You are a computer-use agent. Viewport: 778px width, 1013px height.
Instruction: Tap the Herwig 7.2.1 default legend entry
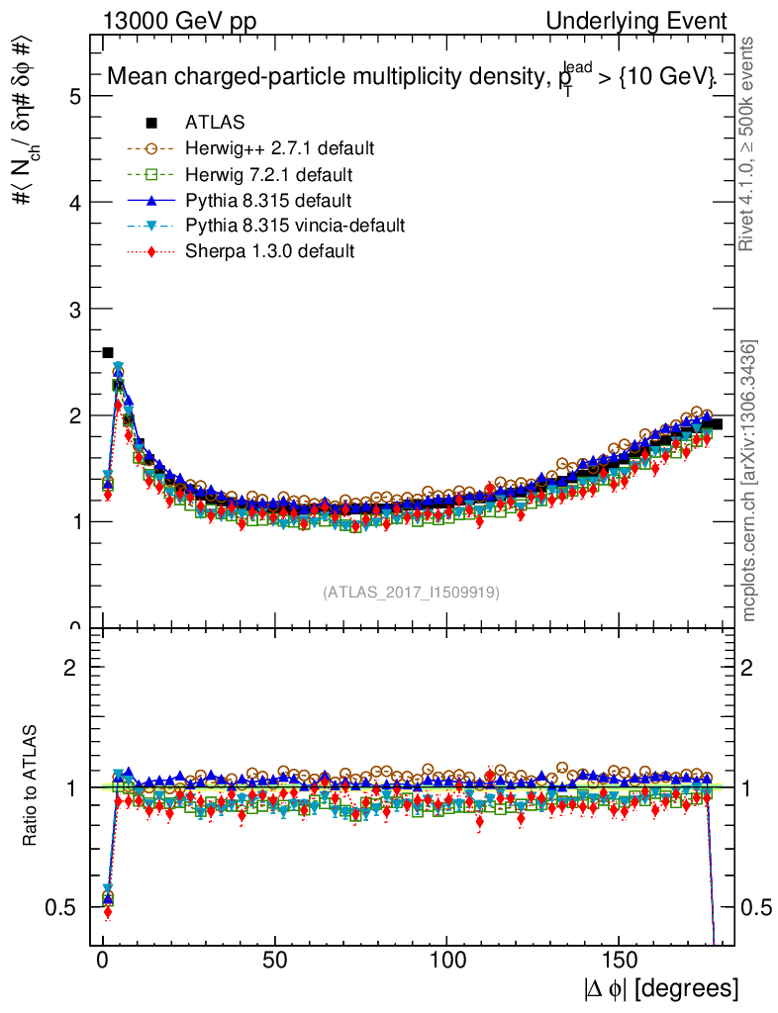coord(269,174)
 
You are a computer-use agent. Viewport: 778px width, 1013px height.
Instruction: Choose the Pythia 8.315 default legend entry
coord(268,200)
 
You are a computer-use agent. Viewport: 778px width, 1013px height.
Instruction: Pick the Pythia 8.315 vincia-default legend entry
coord(295,226)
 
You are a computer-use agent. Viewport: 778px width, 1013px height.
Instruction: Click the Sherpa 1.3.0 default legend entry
coord(269,251)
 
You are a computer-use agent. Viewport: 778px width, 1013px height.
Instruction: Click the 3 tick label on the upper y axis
coord(74,309)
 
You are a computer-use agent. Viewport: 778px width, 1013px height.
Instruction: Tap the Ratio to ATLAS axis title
coord(30,787)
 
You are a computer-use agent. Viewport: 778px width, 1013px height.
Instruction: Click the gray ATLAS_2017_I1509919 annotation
coord(411,593)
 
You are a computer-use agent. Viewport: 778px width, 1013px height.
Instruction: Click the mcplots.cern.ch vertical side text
coord(749,481)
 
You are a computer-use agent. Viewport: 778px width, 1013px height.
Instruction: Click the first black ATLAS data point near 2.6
coord(108,352)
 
